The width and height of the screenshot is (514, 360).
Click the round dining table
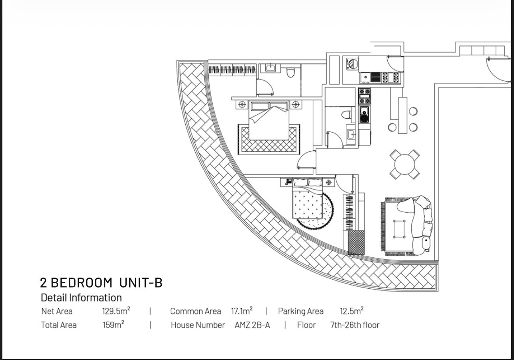click(x=404, y=164)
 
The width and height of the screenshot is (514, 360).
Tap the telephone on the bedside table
click(x=288, y=182)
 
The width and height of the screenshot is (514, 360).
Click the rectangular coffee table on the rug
click(x=400, y=229)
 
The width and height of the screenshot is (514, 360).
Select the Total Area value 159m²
click(x=113, y=325)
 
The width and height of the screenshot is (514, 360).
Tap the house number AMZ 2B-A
click(x=252, y=325)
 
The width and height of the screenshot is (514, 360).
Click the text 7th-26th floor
click(x=355, y=325)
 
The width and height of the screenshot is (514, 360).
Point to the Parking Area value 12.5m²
click(x=351, y=311)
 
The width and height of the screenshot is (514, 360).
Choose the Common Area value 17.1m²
click(x=242, y=311)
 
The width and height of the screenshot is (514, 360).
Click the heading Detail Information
click(x=81, y=297)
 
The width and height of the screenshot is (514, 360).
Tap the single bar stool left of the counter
click(x=392, y=127)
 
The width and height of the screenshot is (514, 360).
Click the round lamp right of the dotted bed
click(x=329, y=182)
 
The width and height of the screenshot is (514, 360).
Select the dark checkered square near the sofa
click(x=356, y=242)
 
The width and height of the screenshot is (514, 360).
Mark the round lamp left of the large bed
click(x=242, y=105)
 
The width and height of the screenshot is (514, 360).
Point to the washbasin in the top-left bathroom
click(x=271, y=68)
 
